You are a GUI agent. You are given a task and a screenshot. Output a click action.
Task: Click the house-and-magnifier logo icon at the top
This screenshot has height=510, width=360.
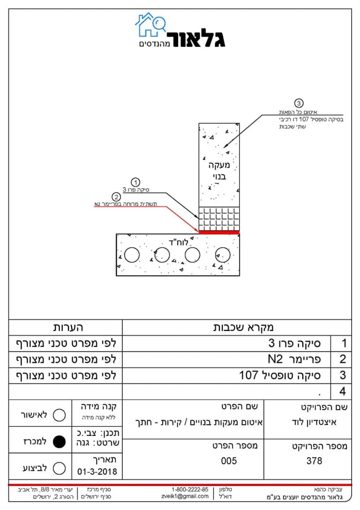tap(150, 25)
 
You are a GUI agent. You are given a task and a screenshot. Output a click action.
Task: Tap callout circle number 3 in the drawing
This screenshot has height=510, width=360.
tap(299, 103)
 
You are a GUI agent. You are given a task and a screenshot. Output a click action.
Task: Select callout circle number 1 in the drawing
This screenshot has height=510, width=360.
tap(135, 183)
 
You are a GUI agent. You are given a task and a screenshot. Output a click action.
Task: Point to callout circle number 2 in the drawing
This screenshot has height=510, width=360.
tap(116, 197)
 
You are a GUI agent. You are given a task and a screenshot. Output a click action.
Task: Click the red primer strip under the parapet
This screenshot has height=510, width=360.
tap(219, 232)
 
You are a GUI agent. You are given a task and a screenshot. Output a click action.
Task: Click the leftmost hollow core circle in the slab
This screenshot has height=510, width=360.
tap(132, 255)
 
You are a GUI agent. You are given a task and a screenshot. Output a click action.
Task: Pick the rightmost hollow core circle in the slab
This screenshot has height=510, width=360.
tap(223, 255)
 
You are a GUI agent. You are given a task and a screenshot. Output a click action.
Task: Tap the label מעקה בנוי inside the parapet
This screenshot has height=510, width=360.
tap(219, 171)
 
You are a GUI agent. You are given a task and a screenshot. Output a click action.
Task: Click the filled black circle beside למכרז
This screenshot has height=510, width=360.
tap(59, 441)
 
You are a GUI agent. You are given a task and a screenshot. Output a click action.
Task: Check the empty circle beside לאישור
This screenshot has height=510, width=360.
tap(59, 415)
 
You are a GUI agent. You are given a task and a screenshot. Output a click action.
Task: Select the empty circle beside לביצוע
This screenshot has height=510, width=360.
tap(59, 468)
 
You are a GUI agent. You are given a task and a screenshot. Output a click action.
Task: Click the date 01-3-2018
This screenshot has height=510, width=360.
tap(97, 472)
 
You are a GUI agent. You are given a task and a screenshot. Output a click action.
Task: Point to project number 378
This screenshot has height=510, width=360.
tap(314, 461)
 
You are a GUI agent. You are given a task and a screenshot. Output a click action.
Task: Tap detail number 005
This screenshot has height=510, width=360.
tap(229, 461)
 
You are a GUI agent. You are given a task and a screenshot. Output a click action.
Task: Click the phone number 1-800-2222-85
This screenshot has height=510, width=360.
tap(190, 489)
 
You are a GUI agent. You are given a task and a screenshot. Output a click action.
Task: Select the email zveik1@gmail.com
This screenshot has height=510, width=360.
tap(185, 496)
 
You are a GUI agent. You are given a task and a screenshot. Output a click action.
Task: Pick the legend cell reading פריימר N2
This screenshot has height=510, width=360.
tap(294, 359)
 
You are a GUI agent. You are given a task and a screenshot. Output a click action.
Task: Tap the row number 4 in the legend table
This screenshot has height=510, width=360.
tap(343, 391)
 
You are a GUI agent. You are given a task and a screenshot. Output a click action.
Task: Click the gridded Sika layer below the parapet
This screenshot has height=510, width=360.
tap(219, 219)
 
